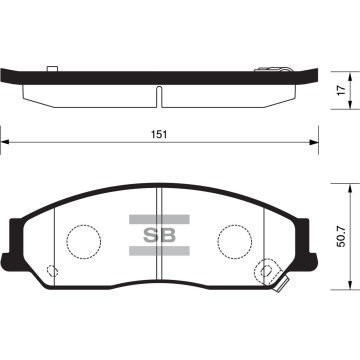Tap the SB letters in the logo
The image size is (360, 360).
tap(157, 236)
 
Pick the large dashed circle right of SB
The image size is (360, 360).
tap(236, 240)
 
